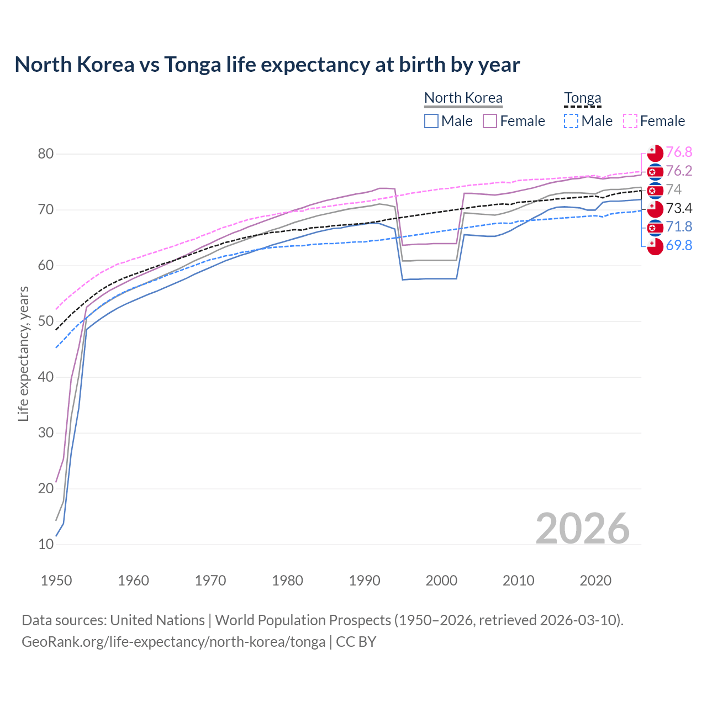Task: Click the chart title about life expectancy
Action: point(267,65)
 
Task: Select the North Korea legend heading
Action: point(463,98)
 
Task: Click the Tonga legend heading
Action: point(582,98)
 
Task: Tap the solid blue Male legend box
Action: point(431,121)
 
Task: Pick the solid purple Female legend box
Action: point(490,121)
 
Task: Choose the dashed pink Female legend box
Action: point(630,121)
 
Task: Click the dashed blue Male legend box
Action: point(571,121)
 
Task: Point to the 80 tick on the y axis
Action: point(46,154)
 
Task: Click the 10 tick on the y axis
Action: point(46,544)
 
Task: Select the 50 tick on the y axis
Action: point(46,321)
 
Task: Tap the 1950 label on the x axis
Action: point(56,581)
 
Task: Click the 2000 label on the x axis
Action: point(441,581)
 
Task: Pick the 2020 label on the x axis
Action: point(595,581)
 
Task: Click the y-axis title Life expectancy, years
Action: point(23,353)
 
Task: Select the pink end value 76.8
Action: point(679,152)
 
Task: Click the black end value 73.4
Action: point(679,208)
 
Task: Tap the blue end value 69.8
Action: point(679,245)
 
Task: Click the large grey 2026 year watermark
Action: point(582,529)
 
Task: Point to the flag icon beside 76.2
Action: point(655,172)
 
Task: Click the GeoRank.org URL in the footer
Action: point(173,642)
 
